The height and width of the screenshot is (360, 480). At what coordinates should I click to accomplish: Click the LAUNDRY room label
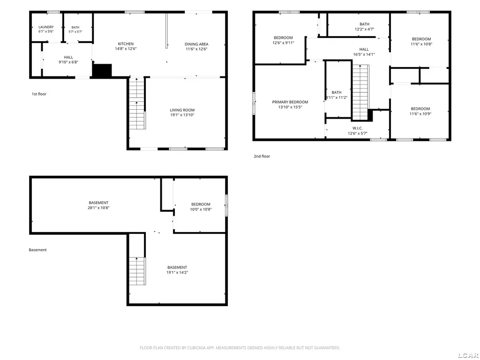[46, 27]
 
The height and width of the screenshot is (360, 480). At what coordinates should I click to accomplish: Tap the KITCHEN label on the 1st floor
[126, 44]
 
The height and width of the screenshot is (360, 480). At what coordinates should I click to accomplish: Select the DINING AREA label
[196, 44]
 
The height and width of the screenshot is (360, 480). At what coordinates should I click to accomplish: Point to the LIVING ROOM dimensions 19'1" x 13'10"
[182, 115]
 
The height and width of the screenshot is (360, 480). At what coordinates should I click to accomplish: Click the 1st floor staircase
[137, 104]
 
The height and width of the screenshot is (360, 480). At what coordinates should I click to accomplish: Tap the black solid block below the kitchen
[102, 70]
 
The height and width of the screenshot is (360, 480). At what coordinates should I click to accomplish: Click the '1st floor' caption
[39, 94]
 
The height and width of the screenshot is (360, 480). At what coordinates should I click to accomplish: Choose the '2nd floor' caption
[262, 156]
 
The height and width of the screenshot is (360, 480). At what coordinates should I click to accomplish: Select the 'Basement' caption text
[37, 250]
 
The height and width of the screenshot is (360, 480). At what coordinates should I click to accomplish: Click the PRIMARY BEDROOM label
[290, 102]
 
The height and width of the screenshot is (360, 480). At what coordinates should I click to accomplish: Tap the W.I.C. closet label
[358, 128]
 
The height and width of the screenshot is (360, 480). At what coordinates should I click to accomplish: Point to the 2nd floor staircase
[360, 92]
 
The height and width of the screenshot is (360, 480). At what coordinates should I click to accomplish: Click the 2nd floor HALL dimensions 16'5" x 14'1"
[364, 54]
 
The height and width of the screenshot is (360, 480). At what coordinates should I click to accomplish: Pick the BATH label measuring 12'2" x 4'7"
[364, 24]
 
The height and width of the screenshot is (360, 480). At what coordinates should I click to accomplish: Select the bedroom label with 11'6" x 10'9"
[420, 109]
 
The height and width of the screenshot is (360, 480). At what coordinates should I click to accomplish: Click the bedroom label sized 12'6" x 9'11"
[283, 37]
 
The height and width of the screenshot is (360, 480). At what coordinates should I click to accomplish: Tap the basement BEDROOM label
[201, 204]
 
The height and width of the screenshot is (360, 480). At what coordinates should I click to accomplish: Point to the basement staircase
[137, 271]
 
